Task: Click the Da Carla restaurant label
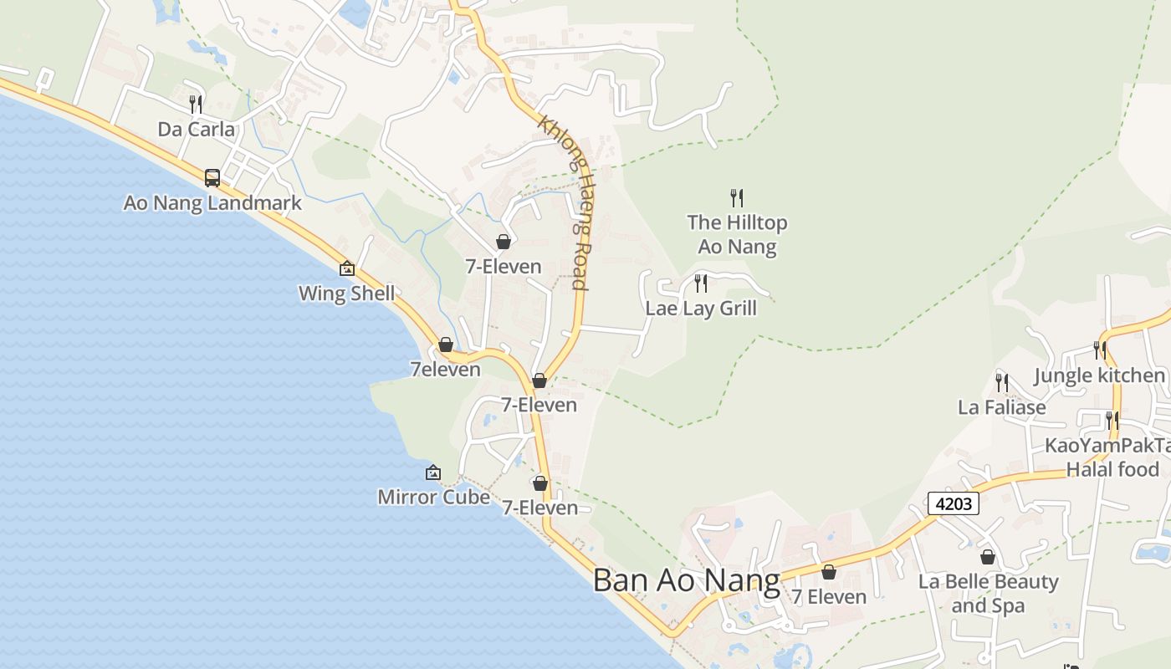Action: tap(197, 130)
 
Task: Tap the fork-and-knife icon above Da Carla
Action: tap(196, 105)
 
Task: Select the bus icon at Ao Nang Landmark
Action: tap(212, 177)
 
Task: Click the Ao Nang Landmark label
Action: tap(212, 203)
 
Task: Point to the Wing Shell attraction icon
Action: tap(347, 268)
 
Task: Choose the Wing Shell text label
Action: tap(347, 294)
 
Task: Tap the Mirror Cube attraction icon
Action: tap(433, 472)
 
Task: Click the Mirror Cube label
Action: tap(433, 498)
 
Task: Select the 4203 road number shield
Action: tap(953, 504)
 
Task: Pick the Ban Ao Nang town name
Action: tap(686, 580)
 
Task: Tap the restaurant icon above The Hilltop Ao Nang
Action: tap(737, 198)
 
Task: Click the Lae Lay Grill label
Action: tap(701, 309)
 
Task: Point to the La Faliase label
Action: tap(1001, 408)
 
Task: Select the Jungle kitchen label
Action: tap(1100, 376)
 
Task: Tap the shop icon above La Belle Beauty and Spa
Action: tap(988, 557)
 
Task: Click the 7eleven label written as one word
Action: tap(445, 370)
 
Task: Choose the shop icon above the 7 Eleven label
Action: tap(828, 572)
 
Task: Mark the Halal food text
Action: tap(1112, 470)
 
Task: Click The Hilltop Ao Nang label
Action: tap(737, 235)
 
